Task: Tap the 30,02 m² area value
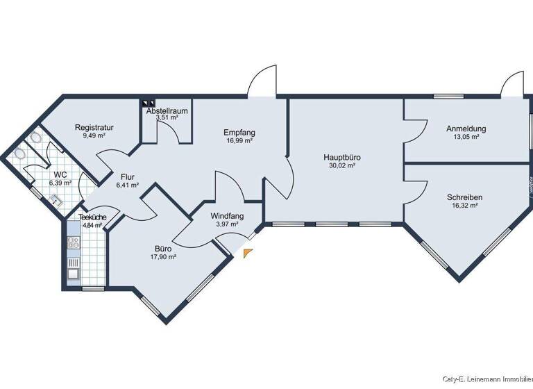(x=341, y=166)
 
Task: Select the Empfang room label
(x=239, y=132)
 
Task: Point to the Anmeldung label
(x=466, y=129)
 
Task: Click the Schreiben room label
(x=465, y=197)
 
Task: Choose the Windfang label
(x=227, y=216)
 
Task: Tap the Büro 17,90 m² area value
(x=163, y=256)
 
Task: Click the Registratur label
(x=94, y=127)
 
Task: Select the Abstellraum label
(x=167, y=110)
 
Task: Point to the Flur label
(x=127, y=176)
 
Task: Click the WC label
(x=60, y=174)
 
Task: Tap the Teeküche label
(x=87, y=217)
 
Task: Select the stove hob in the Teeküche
(x=73, y=243)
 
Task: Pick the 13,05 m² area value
(x=466, y=138)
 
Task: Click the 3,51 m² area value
(x=167, y=118)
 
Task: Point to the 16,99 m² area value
(x=239, y=141)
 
